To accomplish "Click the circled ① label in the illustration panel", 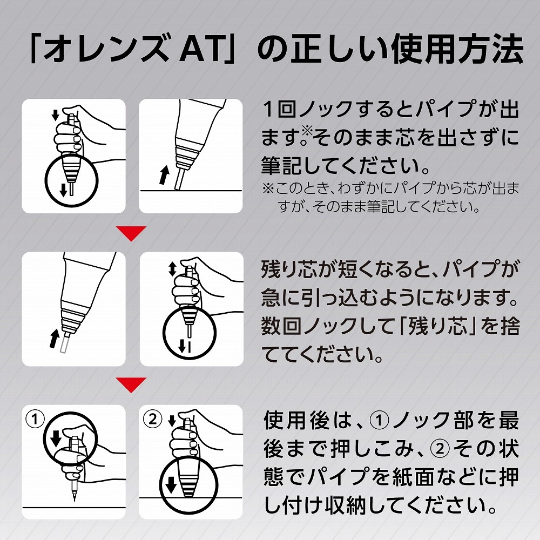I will (34, 420).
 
